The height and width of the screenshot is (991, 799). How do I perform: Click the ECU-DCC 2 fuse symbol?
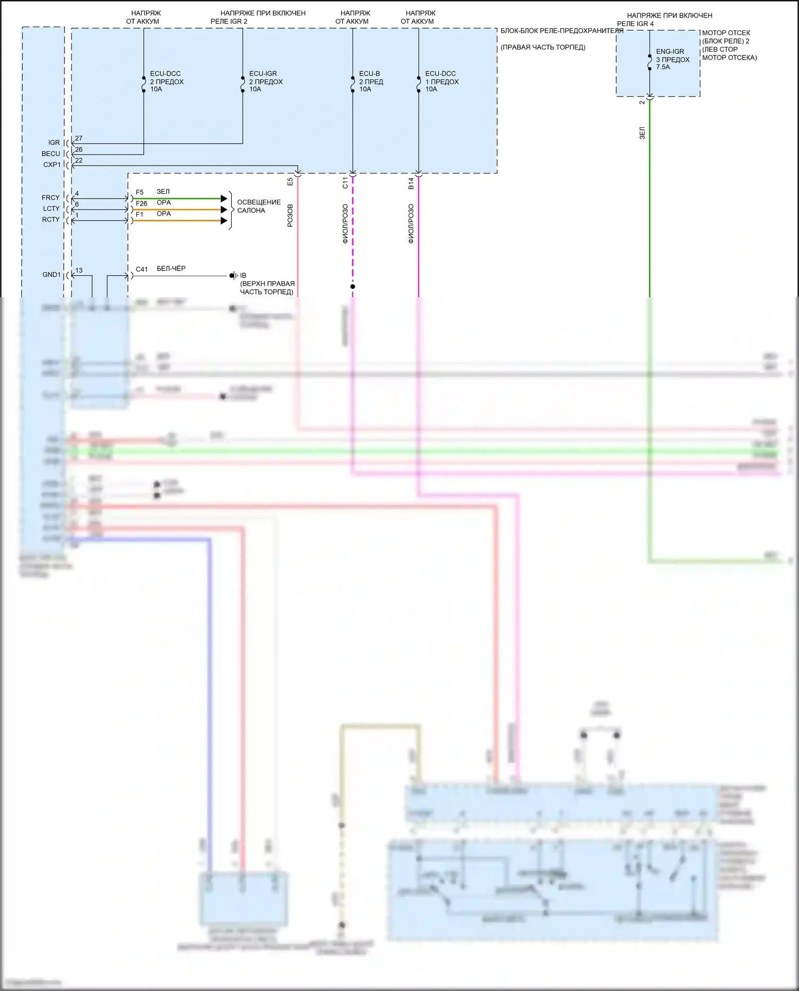[x=144, y=84]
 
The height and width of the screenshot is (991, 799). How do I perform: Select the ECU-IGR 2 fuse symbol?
[x=243, y=84]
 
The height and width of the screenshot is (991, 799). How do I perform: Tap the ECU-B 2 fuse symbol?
[x=353, y=84]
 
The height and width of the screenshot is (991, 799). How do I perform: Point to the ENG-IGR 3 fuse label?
[x=672, y=59]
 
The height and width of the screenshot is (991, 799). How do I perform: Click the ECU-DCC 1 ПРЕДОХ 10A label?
[x=442, y=81]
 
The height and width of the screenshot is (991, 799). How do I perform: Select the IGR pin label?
[x=54, y=143]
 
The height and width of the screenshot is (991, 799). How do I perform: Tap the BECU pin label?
[x=51, y=154]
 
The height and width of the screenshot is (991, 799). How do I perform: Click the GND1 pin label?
[x=52, y=275]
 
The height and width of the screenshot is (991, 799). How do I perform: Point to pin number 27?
[x=79, y=138]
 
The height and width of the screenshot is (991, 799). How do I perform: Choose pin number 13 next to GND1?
[x=79, y=271]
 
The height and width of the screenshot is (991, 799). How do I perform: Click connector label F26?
[x=141, y=203]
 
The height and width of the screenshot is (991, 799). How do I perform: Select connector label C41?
[x=142, y=269]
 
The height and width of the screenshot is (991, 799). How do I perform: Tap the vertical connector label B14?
[x=411, y=183]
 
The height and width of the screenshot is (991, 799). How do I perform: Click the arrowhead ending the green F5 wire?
[x=224, y=199]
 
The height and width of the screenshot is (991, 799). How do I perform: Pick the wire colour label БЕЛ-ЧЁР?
[x=171, y=268]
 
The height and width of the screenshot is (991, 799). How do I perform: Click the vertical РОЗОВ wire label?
[x=290, y=215]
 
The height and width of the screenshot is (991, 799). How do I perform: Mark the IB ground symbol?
[x=233, y=276]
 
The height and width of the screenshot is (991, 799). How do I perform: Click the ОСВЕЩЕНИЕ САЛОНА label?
[x=258, y=206]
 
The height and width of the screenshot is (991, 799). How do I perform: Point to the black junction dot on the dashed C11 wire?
[x=353, y=286]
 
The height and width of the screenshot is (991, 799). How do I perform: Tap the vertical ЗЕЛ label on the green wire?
[x=642, y=133]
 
